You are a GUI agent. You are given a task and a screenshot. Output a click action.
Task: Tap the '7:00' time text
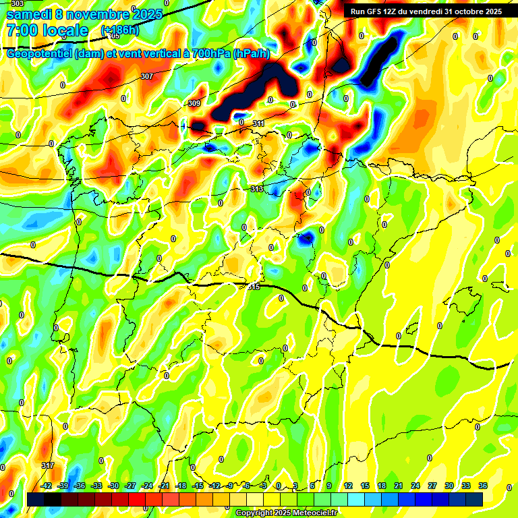click(21, 30)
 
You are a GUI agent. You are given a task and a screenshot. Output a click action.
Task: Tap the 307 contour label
click(147, 76)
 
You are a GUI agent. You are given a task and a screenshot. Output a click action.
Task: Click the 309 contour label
click(194, 103)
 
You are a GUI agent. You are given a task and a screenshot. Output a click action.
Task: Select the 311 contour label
click(258, 123)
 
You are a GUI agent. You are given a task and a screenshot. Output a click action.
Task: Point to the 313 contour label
click(256, 190)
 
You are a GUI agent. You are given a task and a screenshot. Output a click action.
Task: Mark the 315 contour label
click(253, 287)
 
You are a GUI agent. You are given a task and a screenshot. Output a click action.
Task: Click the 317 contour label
click(47, 465)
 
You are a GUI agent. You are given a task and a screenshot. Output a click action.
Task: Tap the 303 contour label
click(17, 4)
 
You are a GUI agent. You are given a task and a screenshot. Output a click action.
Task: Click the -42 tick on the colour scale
click(47, 486)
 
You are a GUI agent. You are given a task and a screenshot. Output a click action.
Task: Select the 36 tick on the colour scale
click(483, 486)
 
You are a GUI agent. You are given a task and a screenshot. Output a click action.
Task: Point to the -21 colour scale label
click(164, 486)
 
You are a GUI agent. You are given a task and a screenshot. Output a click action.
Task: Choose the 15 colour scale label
click(364, 486)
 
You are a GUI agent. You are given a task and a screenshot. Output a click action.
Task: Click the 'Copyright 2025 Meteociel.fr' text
click(287, 513)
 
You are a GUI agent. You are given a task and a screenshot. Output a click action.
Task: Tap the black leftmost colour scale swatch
click(36, 499)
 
